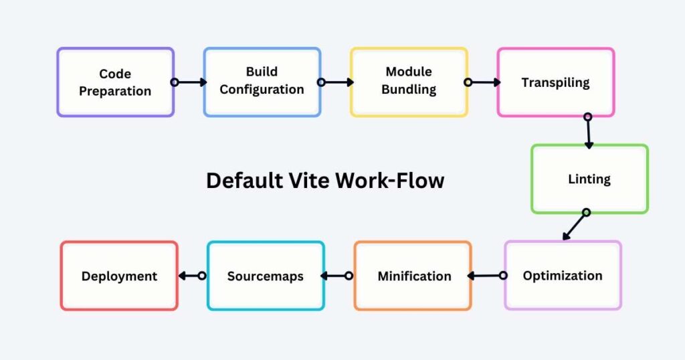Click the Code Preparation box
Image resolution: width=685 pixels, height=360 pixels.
tap(116, 82)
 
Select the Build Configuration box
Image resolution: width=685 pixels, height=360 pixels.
tap(262, 81)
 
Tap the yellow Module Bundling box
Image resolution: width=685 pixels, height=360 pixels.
tap(409, 81)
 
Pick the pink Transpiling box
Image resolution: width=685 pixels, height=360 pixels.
tap(555, 82)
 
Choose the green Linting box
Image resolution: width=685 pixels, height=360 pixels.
tap(589, 179)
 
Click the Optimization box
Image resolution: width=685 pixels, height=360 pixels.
tap(563, 276)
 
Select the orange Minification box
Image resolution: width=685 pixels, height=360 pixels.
tap(413, 276)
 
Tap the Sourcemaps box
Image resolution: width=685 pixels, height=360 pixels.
tap(266, 276)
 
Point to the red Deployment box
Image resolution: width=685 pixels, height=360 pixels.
tap(119, 276)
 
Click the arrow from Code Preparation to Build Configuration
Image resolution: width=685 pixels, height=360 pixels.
tap(189, 82)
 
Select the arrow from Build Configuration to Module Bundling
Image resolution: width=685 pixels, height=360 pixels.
tap(336, 82)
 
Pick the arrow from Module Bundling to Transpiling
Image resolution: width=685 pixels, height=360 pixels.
tap(483, 82)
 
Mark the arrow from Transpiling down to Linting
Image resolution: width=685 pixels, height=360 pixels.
tap(589, 131)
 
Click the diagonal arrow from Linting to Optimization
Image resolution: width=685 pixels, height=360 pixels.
tap(575, 226)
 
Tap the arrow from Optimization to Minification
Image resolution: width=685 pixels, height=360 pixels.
tap(486, 275)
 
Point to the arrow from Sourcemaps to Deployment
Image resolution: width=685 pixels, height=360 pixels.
tap(191, 275)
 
